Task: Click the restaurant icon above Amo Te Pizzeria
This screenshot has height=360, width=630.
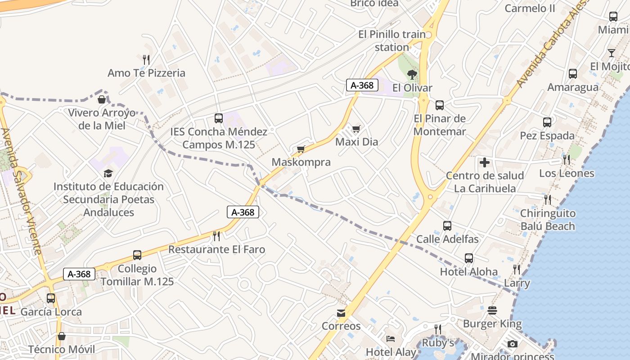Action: pos(146,59)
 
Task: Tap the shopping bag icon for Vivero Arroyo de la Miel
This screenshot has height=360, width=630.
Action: pos(102,99)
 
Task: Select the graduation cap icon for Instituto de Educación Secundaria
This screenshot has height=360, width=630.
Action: pos(108,173)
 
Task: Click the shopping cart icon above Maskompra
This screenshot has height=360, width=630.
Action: pos(301,149)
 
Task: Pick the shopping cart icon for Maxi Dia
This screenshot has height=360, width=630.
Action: pos(356,129)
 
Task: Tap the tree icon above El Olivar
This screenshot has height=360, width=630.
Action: pos(412,75)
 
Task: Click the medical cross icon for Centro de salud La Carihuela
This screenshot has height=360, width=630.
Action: pos(485,162)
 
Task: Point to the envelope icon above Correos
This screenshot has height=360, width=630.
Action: pos(341,313)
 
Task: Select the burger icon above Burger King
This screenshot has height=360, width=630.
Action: pos(492,310)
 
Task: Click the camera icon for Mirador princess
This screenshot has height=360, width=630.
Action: pos(512,344)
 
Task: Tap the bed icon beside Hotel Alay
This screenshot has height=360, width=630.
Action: pos(391,339)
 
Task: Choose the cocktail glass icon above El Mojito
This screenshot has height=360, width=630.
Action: pos(611,53)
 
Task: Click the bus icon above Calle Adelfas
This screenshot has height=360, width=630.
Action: pos(447,226)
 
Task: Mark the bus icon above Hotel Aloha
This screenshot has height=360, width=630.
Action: pos(469,258)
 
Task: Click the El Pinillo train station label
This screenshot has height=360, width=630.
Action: pos(392,40)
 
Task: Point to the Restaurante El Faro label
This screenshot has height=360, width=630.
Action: pos(216,249)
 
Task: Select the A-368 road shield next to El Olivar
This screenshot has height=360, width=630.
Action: pos(362,85)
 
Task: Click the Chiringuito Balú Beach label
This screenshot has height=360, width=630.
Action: pos(548,220)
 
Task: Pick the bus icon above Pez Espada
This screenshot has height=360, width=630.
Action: pos(547,122)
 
